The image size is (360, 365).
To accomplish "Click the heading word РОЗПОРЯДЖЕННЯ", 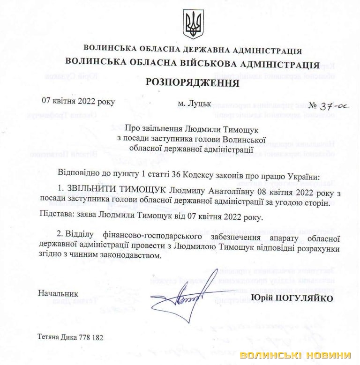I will pos(193,82).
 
